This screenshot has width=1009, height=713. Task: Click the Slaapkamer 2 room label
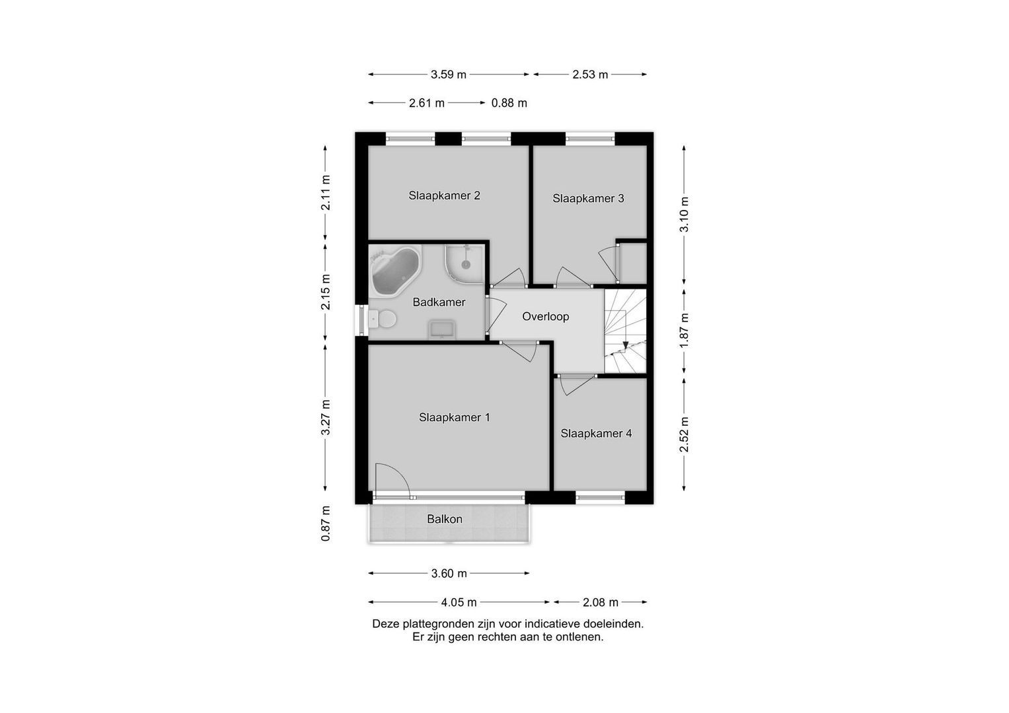click(444, 195)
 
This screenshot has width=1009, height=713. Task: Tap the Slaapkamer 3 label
click(588, 198)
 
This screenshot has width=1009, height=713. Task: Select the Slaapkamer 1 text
click(454, 417)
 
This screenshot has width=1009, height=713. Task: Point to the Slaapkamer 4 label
click(596, 433)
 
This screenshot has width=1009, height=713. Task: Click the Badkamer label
click(439, 302)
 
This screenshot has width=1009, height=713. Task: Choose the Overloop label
click(546, 316)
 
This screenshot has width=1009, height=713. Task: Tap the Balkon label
click(445, 519)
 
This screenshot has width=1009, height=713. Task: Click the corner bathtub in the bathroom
click(394, 270)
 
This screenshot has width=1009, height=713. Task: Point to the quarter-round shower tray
click(465, 265)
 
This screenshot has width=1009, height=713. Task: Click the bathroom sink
click(442, 329)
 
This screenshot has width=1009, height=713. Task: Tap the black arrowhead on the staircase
click(625, 345)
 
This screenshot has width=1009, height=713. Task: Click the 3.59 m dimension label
click(448, 75)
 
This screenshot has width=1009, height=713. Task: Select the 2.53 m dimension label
click(590, 75)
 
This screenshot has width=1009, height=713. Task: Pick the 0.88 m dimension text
click(509, 103)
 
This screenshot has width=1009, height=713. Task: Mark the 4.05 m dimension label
click(459, 602)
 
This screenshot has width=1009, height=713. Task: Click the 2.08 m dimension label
click(601, 602)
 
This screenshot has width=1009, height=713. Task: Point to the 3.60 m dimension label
click(449, 574)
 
